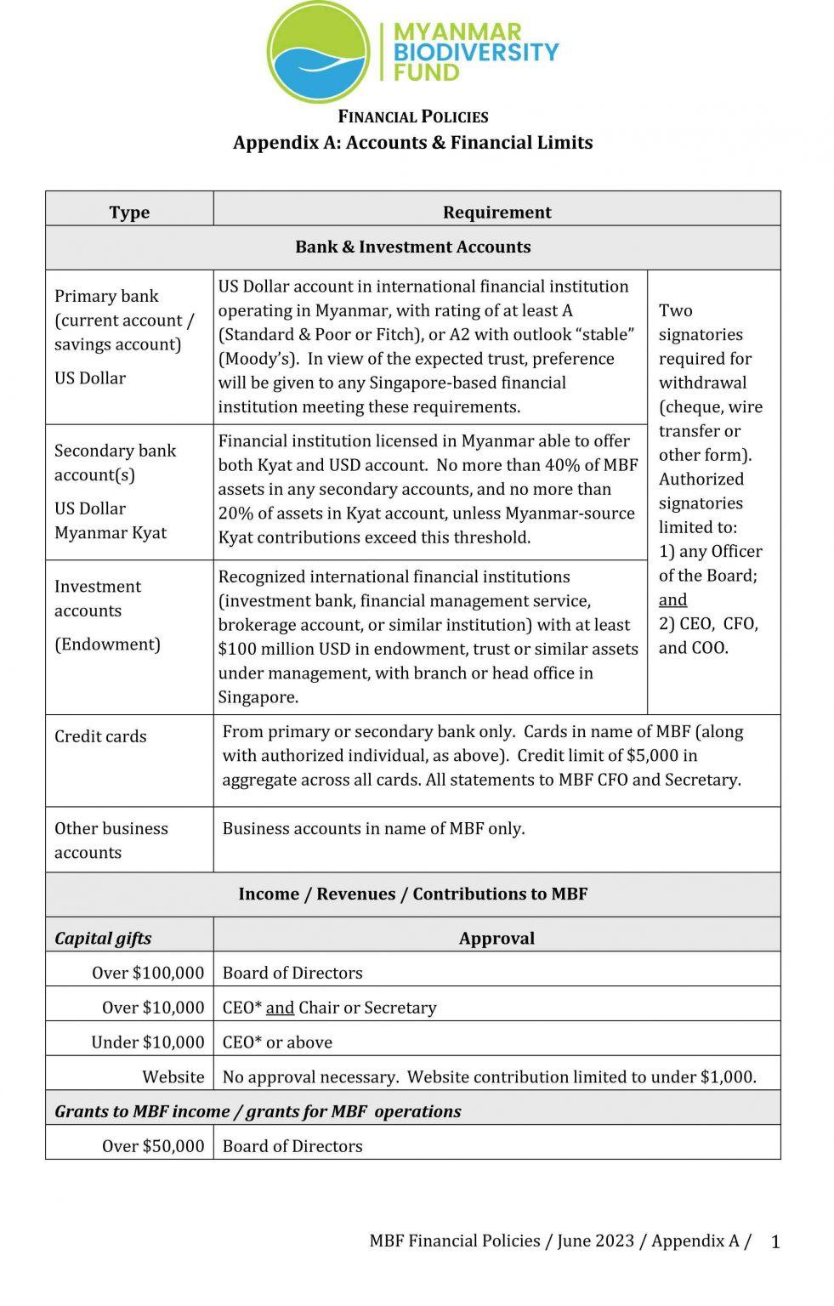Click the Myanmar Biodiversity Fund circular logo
[x=319, y=51]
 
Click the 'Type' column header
[x=129, y=212]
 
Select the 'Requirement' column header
[x=496, y=212]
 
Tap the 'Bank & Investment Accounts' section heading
[x=413, y=247]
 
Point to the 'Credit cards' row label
[x=100, y=736]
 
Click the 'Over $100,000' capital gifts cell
[x=148, y=973]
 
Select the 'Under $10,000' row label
[x=148, y=1042]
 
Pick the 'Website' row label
[x=173, y=1076]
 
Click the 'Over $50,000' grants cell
[x=153, y=1145]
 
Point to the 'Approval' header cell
[x=496, y=938]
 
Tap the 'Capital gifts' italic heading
[x=103, y=938]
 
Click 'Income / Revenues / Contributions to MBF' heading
[x=413, y=894]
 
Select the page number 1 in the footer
[x=774, y=1242]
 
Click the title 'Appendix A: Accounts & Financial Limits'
[x=413, y=142]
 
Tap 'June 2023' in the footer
[x=595, y=1241]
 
